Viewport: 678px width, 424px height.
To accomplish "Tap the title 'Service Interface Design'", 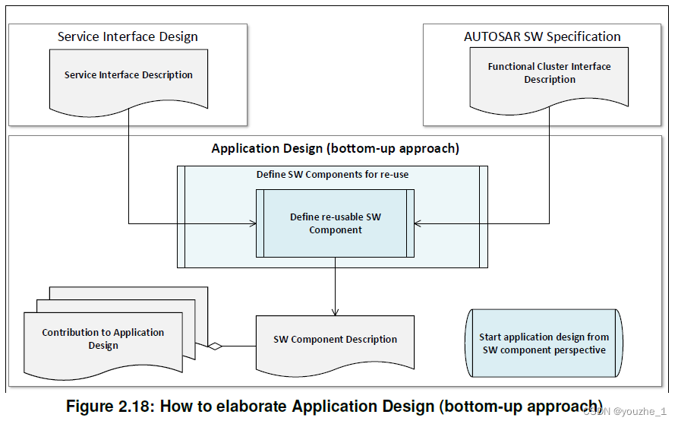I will (128, 36).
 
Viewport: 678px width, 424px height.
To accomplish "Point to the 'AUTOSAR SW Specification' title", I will (542, 36).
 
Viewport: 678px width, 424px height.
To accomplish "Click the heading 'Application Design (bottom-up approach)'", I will (335, 148).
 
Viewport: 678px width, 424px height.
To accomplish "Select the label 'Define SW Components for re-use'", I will (332, 175).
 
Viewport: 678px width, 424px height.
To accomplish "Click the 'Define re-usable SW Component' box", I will (335, 223).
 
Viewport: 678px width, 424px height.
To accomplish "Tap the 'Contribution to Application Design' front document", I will (102, 339).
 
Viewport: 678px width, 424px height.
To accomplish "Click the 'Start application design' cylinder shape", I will (543, 343).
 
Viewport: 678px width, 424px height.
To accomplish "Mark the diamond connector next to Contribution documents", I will (215, 346).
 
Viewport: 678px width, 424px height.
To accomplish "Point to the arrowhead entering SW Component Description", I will (335, 312).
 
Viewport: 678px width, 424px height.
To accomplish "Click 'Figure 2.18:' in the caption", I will (109, 406).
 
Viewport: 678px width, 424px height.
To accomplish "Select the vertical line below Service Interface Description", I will (128, 167).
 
